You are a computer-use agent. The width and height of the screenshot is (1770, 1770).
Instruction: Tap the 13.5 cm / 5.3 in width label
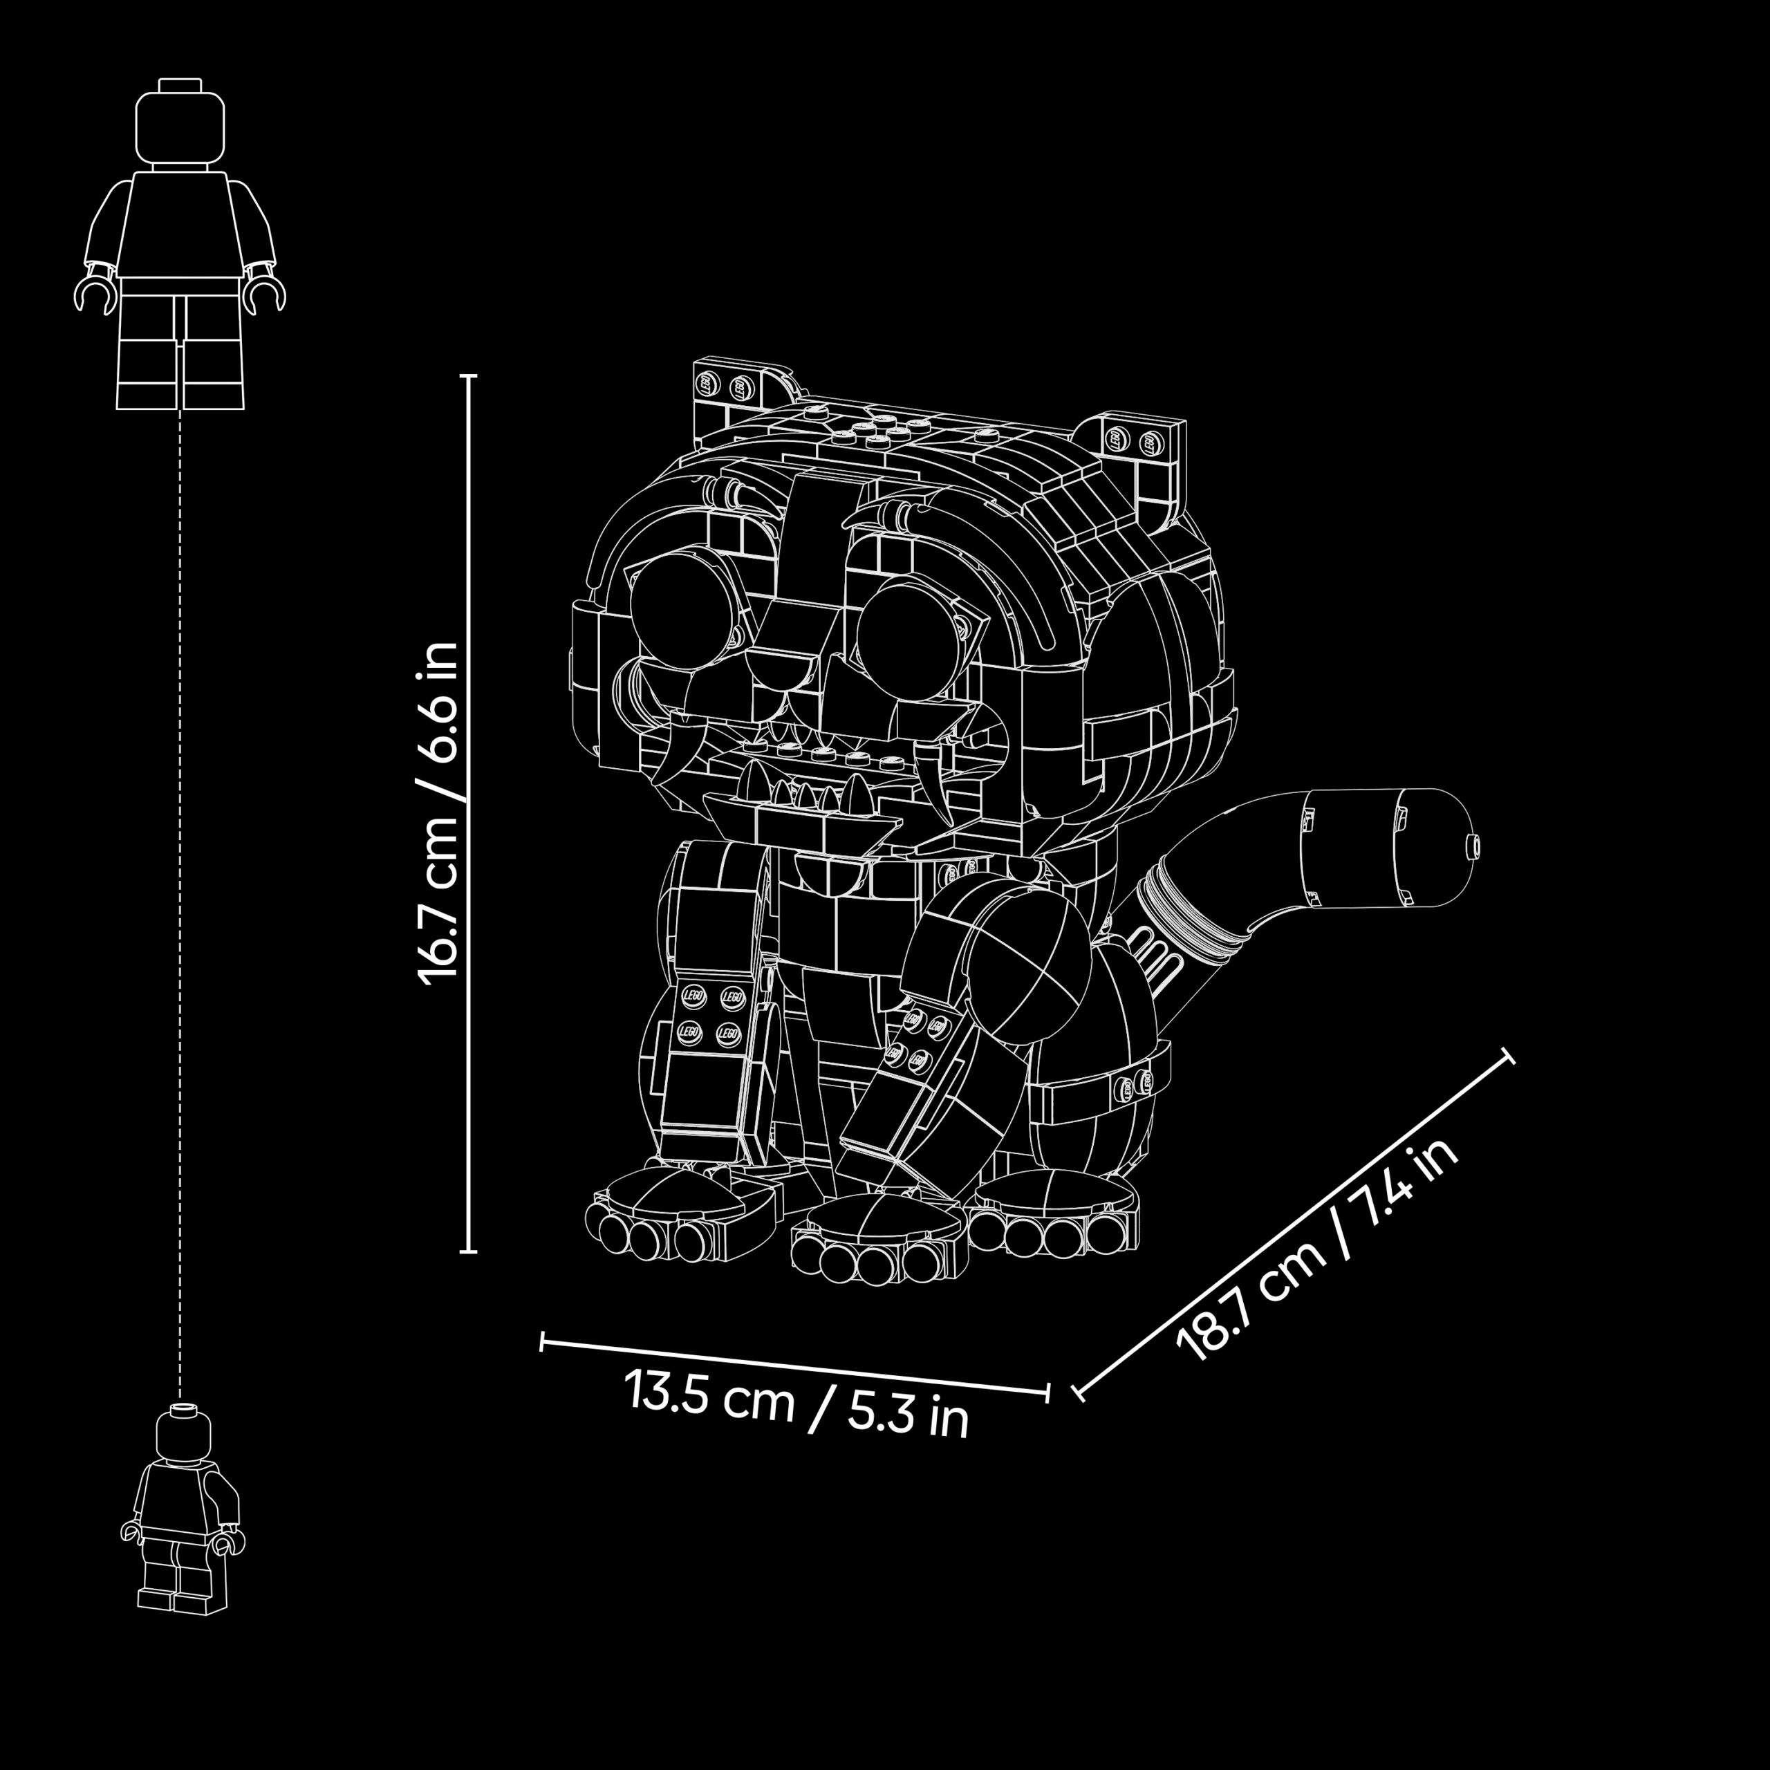[x=796, y=1404]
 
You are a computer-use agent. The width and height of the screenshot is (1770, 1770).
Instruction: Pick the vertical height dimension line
[x=469, y=814]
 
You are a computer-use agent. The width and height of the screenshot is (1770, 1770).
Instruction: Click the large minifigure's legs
[x=181, y=353]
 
